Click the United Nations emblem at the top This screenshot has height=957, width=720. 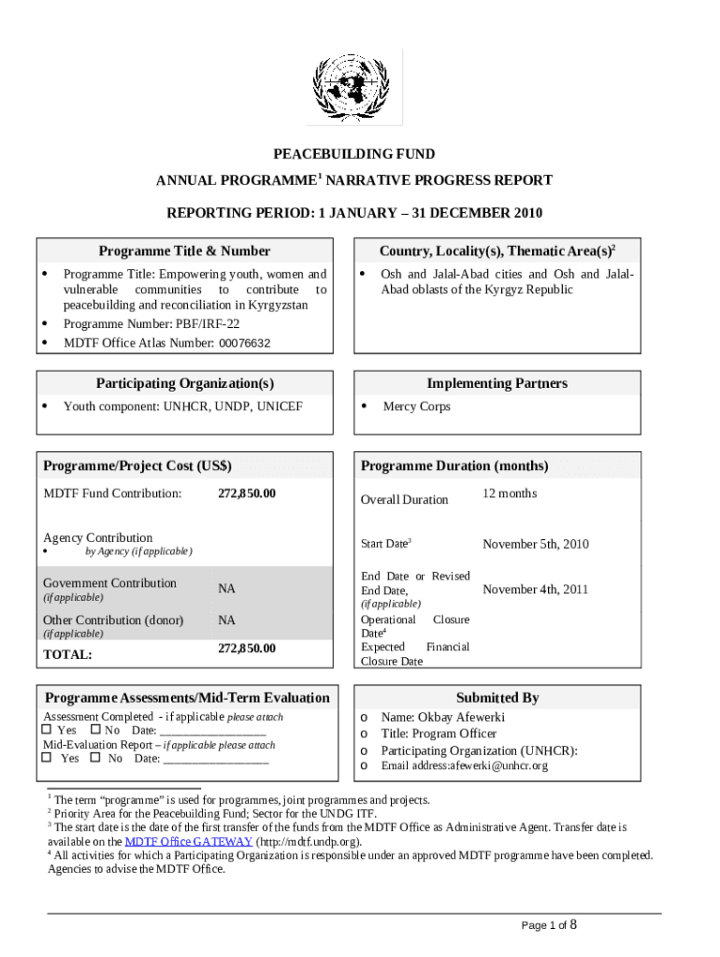pyautogui.click(x=359, y=86)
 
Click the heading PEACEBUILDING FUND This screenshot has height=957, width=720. pyautogui.click(x=353, y=154)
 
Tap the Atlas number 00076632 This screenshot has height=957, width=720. pyautogui.click(x=245, y=343)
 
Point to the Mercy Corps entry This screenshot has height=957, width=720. pyautogui.click(x=416, y=407)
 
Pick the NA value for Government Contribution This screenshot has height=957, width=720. pyautogui.click(x=226, y=589)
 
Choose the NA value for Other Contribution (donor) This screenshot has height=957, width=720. pyautogui.click(x=226, y=621)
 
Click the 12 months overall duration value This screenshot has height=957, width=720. pyautogui.click(x=510, y=493)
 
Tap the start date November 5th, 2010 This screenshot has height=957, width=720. pyautogui.click(x=535, y=544)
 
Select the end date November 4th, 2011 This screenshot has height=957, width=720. pyautogui.click(x=535, y=590)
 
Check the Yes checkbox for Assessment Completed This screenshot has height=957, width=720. pyautogui.click(x=47, y=730)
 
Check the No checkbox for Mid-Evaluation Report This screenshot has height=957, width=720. pyautogui.click(x=94, y=758)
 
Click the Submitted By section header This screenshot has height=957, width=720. pyautogui.click(x=497, y=698)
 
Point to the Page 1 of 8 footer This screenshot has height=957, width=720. pyautogui.click(x=549, y=925)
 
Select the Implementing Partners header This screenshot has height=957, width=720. pyautogui.click(x=497, y=384)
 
